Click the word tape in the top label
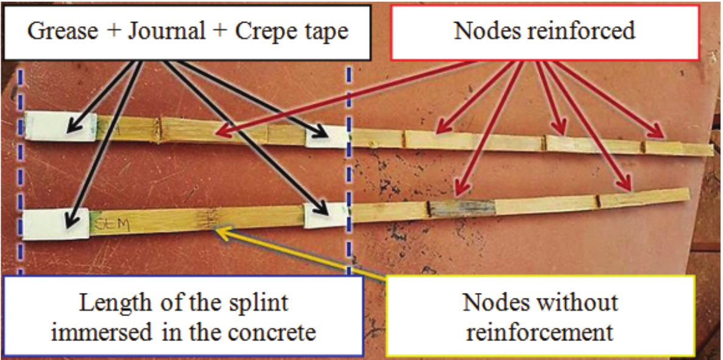(327, 31)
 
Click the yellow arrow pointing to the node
(305, 254)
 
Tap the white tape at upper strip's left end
(60, 126)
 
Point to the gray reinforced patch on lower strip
(463, 206)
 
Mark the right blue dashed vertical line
(349, 183)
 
